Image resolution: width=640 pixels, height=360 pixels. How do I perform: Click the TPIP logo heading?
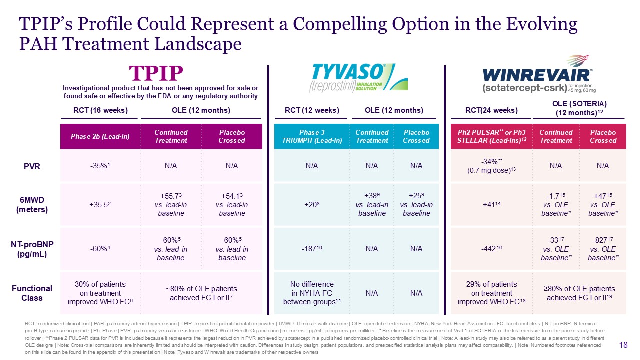tap(156, 73)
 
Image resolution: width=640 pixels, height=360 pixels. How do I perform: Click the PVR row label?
tap(32, 166)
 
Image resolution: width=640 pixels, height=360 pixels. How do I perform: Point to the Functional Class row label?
tap(32, 293)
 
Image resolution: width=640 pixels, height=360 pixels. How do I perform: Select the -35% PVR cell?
tap(100, 166)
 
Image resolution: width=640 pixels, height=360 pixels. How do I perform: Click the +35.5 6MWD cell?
tap(100, 205)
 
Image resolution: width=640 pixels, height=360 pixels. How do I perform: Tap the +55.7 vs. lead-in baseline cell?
tap(171, 205)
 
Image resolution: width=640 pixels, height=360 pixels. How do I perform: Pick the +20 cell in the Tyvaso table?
tap(312, 205)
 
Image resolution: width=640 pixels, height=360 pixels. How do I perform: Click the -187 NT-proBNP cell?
tap(312, 249)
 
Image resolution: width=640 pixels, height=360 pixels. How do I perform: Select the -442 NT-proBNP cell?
tap(491, 249)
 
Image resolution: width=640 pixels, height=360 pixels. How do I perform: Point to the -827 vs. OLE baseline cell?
tap(603, 249)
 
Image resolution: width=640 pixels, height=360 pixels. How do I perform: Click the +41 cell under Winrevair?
tap(491, 205)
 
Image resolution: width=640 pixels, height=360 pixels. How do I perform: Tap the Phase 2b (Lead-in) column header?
tap(100, 136)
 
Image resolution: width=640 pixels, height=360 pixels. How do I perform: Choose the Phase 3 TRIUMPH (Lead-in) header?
tap(312, 136)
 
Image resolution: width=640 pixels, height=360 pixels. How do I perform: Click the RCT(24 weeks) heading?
tap(491, 110)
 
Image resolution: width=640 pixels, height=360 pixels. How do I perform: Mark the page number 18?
tap(623, 345)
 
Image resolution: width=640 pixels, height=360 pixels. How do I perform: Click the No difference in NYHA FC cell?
tap(312, 293)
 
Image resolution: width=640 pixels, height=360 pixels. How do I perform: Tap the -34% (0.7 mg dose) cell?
tap(491, 166)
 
